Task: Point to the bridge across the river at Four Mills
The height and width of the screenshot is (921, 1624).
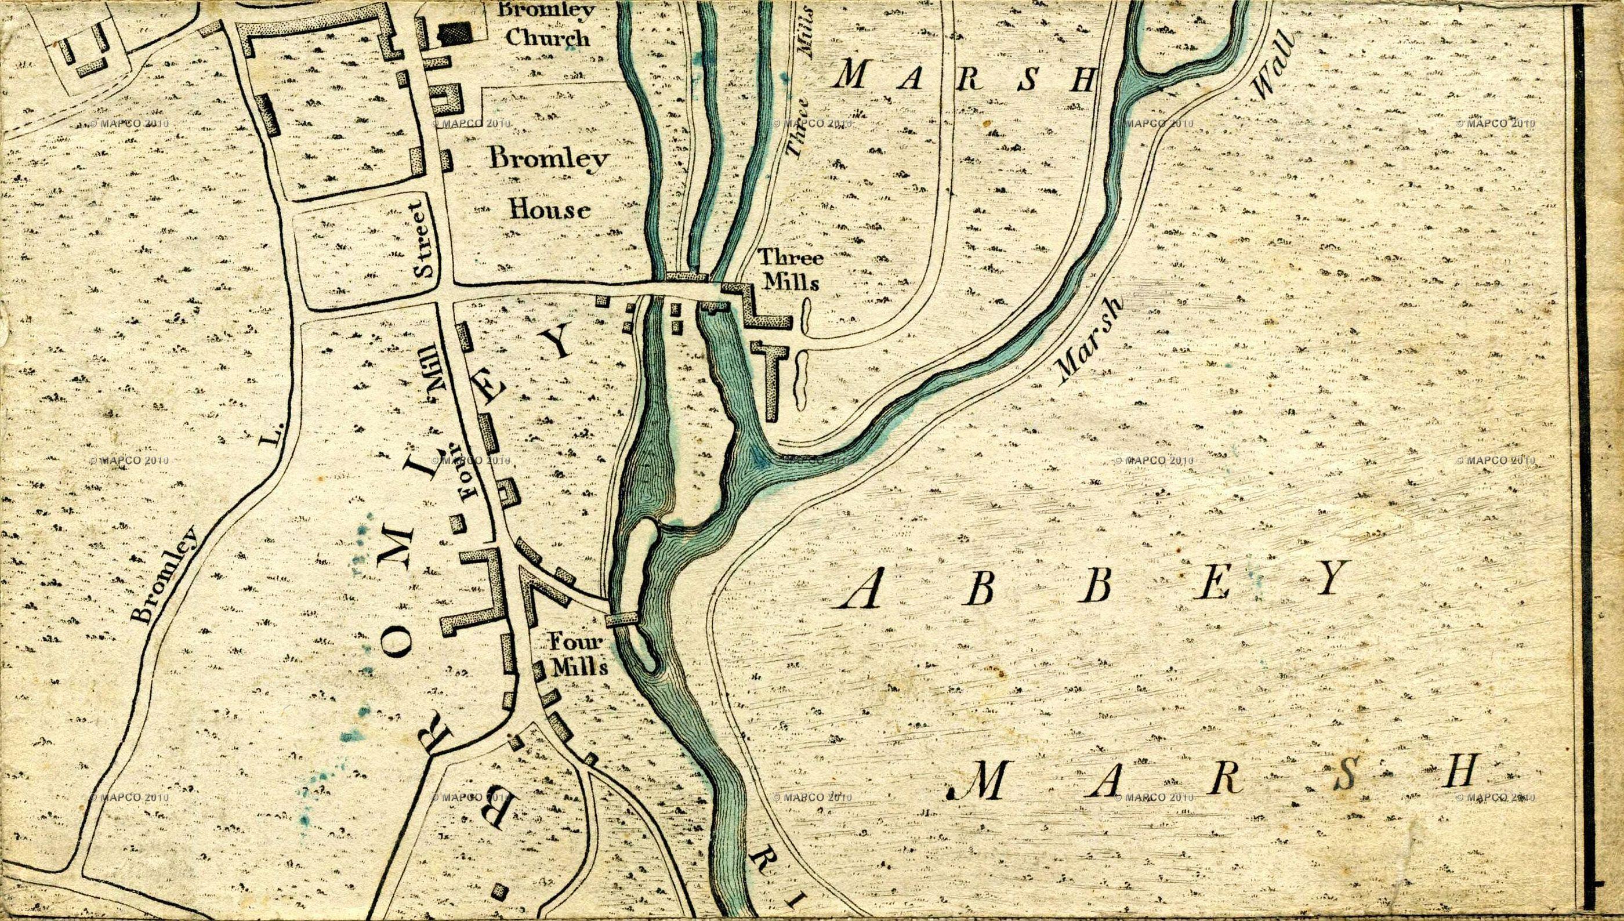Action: click(622, 618)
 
